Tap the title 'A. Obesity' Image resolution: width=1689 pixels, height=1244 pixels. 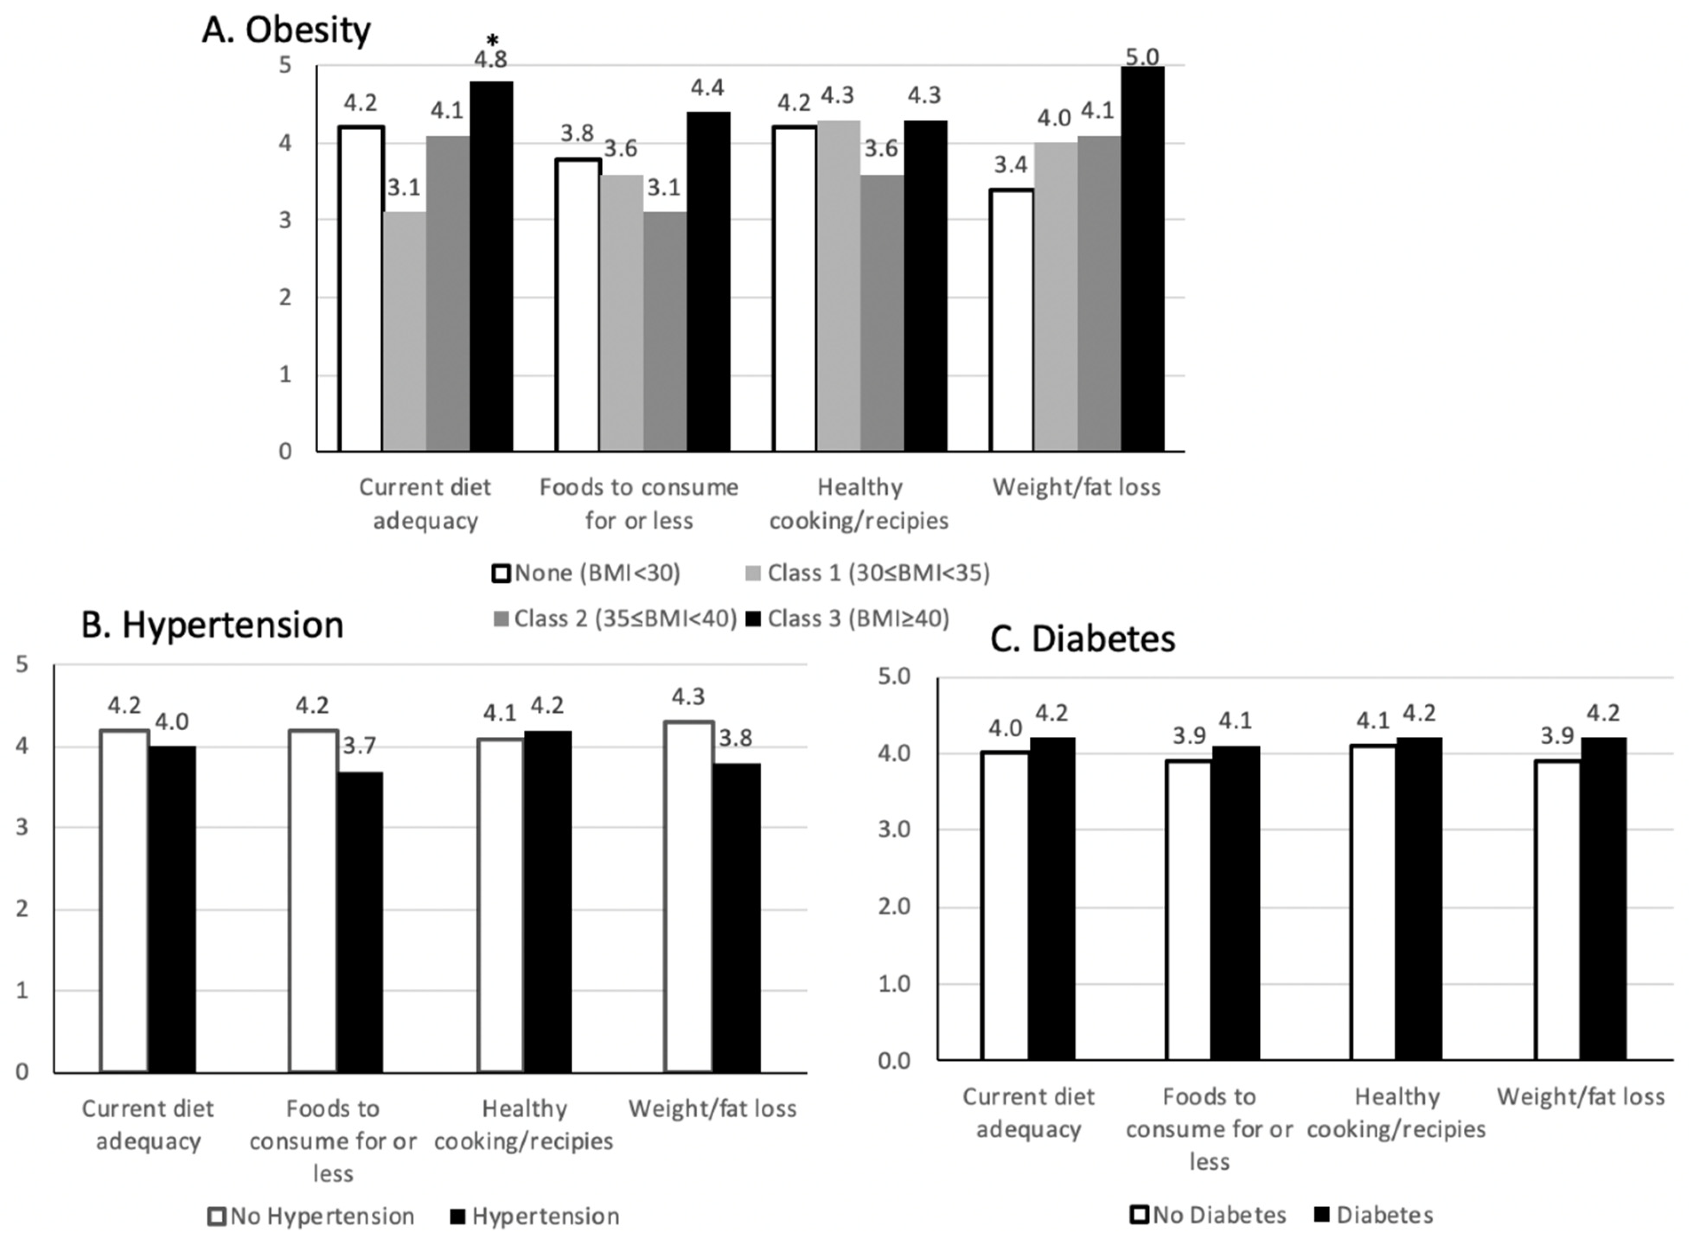coord(286,31)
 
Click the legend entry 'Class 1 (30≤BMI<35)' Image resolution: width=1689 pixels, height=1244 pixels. coord(867,574)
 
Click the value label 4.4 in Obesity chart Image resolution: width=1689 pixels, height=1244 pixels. coord(708,88)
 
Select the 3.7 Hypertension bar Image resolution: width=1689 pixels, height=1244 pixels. coord(360,922)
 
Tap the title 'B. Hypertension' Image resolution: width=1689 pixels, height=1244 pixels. coord(212,625)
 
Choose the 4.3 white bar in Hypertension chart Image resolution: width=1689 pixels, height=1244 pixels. coord(688,896)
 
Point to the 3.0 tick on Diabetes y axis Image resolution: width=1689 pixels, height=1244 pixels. coord(894,830)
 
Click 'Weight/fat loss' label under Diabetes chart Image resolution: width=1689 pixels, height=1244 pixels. coord(1580,1097)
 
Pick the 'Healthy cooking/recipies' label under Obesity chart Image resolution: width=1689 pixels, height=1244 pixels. coord(859,504)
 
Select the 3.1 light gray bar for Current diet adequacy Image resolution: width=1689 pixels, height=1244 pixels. coord(404,331)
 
